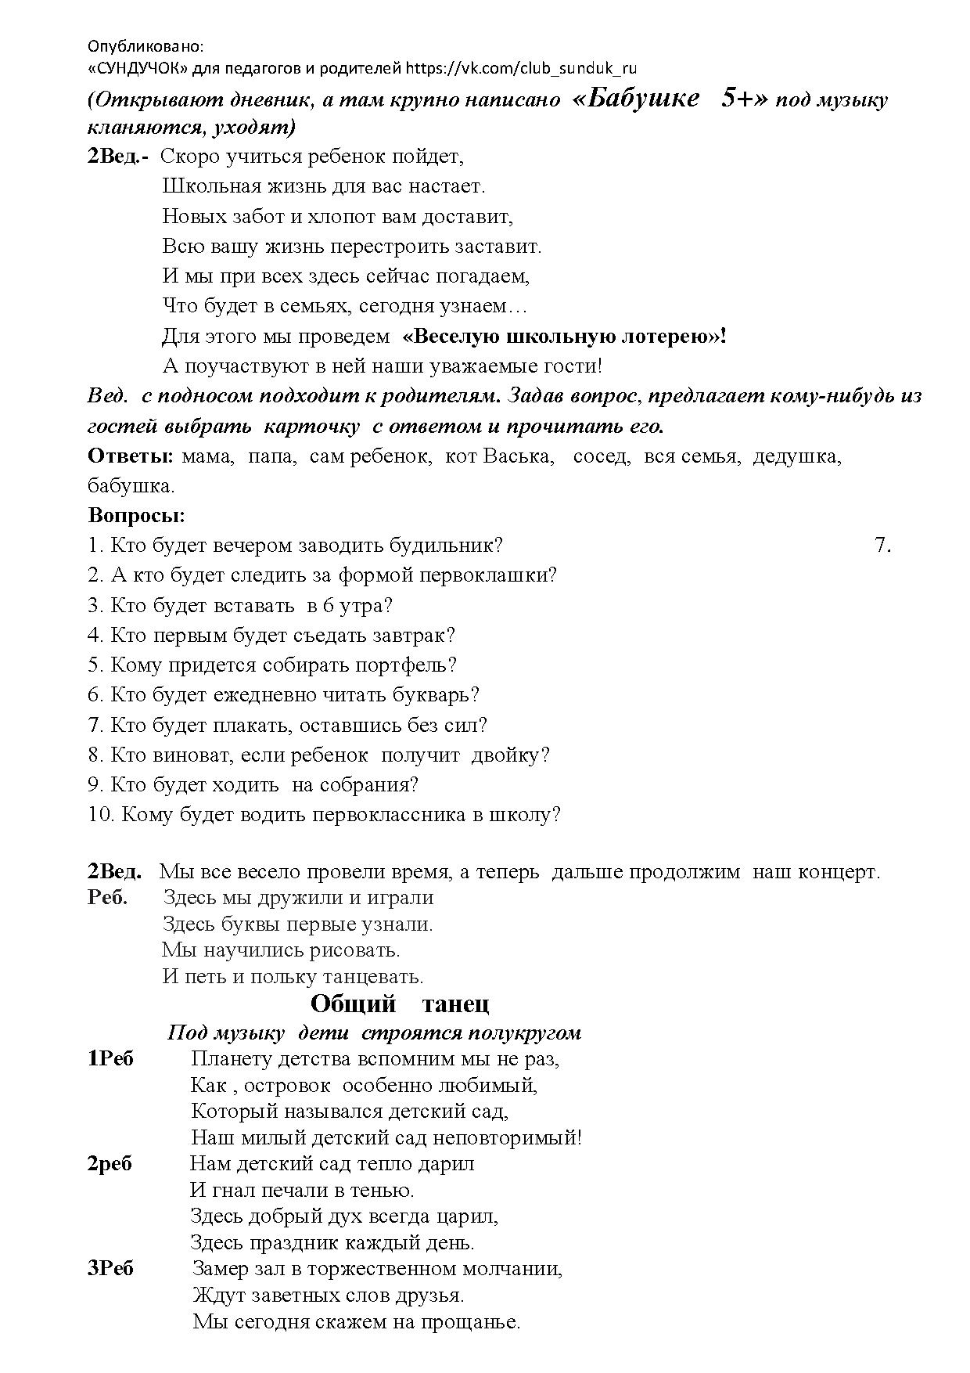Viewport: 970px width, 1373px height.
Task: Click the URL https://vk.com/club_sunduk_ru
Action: pos(522,69)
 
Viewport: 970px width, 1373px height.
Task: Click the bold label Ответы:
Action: pos(131,456)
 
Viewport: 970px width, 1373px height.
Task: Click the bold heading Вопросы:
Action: pos(137,517)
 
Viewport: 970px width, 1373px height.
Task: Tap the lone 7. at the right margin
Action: pos(883,546)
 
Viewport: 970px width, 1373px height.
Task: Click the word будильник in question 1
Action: pos(457,546)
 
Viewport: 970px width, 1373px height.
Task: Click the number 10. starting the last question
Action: pos(102,815)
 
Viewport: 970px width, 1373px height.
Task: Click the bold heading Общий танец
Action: pos(400,1004)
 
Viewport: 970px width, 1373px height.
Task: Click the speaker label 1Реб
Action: pos(110,1059)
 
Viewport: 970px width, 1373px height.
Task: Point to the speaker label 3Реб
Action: pos(110,1268)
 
